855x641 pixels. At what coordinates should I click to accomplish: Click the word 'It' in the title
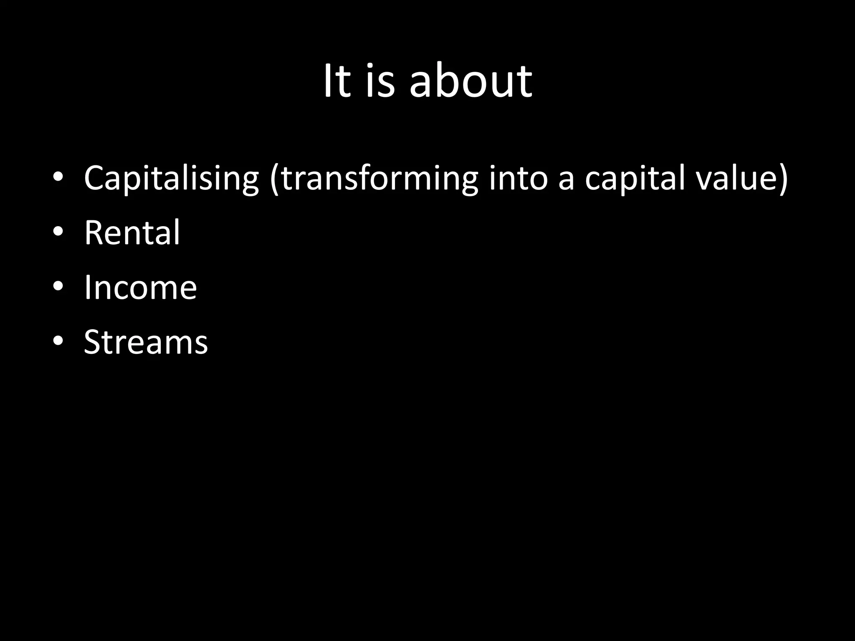[x=336, y=81]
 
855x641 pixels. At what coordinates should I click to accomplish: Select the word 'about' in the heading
[x=471, y=81]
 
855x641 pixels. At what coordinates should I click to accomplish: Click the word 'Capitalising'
[x=171, y=179]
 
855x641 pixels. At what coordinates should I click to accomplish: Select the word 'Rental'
[x=132, y=232]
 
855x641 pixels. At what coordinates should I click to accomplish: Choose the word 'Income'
[x=140, y=288]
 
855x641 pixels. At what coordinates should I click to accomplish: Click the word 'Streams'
[x=146, y=342]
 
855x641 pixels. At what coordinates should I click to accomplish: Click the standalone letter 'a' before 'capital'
[x=566, y=180]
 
